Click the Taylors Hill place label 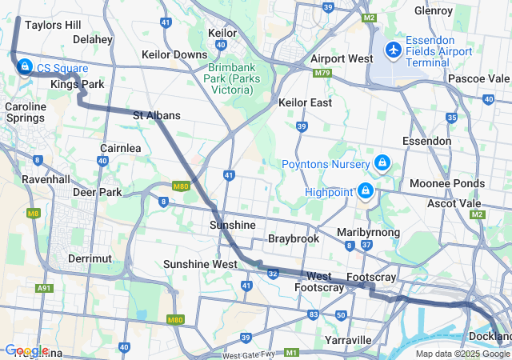point(53,25)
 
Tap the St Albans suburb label point(156,115)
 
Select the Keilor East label point(305,102)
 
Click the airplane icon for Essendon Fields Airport point(393,50)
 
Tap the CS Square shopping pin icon point(24,66)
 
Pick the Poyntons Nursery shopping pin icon point(382,163)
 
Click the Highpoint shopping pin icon point(366,190)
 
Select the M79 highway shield point(323,73)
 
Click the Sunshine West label point(200,264)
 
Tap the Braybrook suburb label point(294,238)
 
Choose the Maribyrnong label point(362,232)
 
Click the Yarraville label point(349,340)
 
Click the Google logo point(26,350)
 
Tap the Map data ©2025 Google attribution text point(462,354)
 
